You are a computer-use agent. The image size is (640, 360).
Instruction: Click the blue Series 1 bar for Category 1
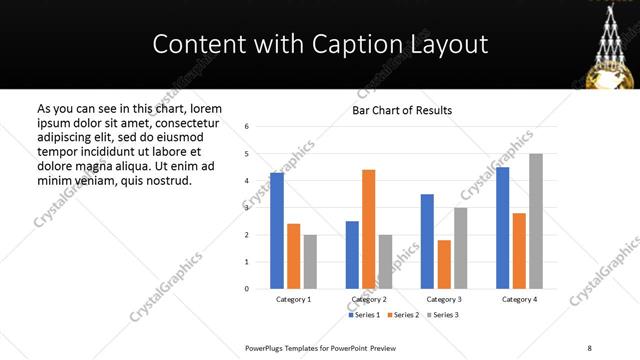[x=277, y=231]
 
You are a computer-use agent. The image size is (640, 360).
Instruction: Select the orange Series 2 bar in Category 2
[x=369, y=229]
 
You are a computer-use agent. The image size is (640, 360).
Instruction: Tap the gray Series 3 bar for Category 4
[x=536, y=221]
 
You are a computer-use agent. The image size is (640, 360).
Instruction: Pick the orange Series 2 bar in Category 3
[x=444, y=264]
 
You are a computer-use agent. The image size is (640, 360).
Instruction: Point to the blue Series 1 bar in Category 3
[x=427, y=241]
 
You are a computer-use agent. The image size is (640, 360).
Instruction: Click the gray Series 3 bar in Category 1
[x=310, y=262]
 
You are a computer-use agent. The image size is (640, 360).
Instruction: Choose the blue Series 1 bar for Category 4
[x=502, y=228]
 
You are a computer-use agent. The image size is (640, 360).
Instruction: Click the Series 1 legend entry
[x=364, y=315]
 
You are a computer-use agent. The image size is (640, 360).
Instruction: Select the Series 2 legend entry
[x=403, y=315]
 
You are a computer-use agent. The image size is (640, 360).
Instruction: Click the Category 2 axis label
[x=369, y=299]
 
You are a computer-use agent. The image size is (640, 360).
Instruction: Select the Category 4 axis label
[x=519, y=299]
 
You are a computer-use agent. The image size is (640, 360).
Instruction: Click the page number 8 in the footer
[x=588, y=347]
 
